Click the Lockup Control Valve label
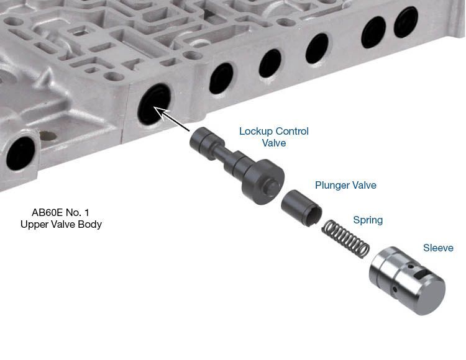[274, 137]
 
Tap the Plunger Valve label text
[345, 185]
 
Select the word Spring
[368, 220]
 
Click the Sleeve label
[439, 248]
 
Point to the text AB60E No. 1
[60, 212]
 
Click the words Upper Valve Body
[62, 224]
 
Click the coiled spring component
[346, 238]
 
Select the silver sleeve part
[407, 281]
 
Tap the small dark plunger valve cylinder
[301, 208]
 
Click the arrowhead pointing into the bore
[160, 112]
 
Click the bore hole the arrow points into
[154, 104]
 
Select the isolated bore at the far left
[21, 153]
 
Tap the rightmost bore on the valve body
[406, 22]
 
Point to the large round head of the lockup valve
[263, 182]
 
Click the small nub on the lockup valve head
[272, 186]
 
